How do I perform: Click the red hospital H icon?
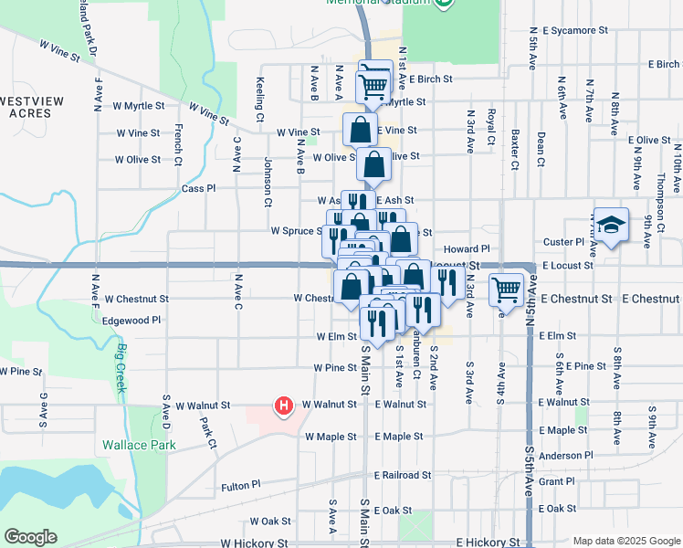tap(284, 405)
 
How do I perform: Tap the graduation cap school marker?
tap(611, 224)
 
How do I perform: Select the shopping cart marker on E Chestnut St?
tap(507, 290)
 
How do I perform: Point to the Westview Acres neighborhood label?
tap(29, 106)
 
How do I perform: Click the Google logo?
tap(30, 537)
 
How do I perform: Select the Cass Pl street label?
tap(198, 188)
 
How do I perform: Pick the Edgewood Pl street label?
tap(131, 321)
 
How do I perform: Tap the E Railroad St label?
tap(402, 475)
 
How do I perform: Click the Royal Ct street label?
tap(491, 128)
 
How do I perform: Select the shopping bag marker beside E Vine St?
tap(361, 130)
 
